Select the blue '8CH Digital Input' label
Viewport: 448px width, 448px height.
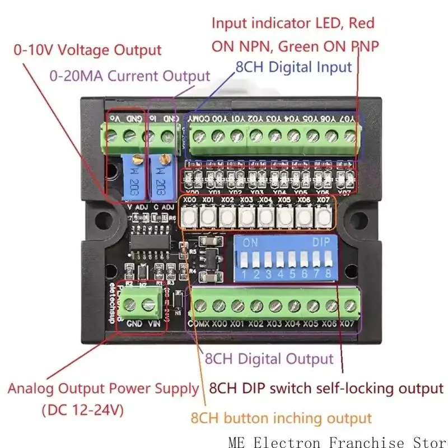(x=294, y=67)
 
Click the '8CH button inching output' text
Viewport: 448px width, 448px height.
(x=281, y=418)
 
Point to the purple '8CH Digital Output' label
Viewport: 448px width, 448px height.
(x=269, y=358)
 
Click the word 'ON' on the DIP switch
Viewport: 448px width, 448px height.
(x=250, y=244)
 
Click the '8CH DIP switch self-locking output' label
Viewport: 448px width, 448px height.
(x=326, y=388)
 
